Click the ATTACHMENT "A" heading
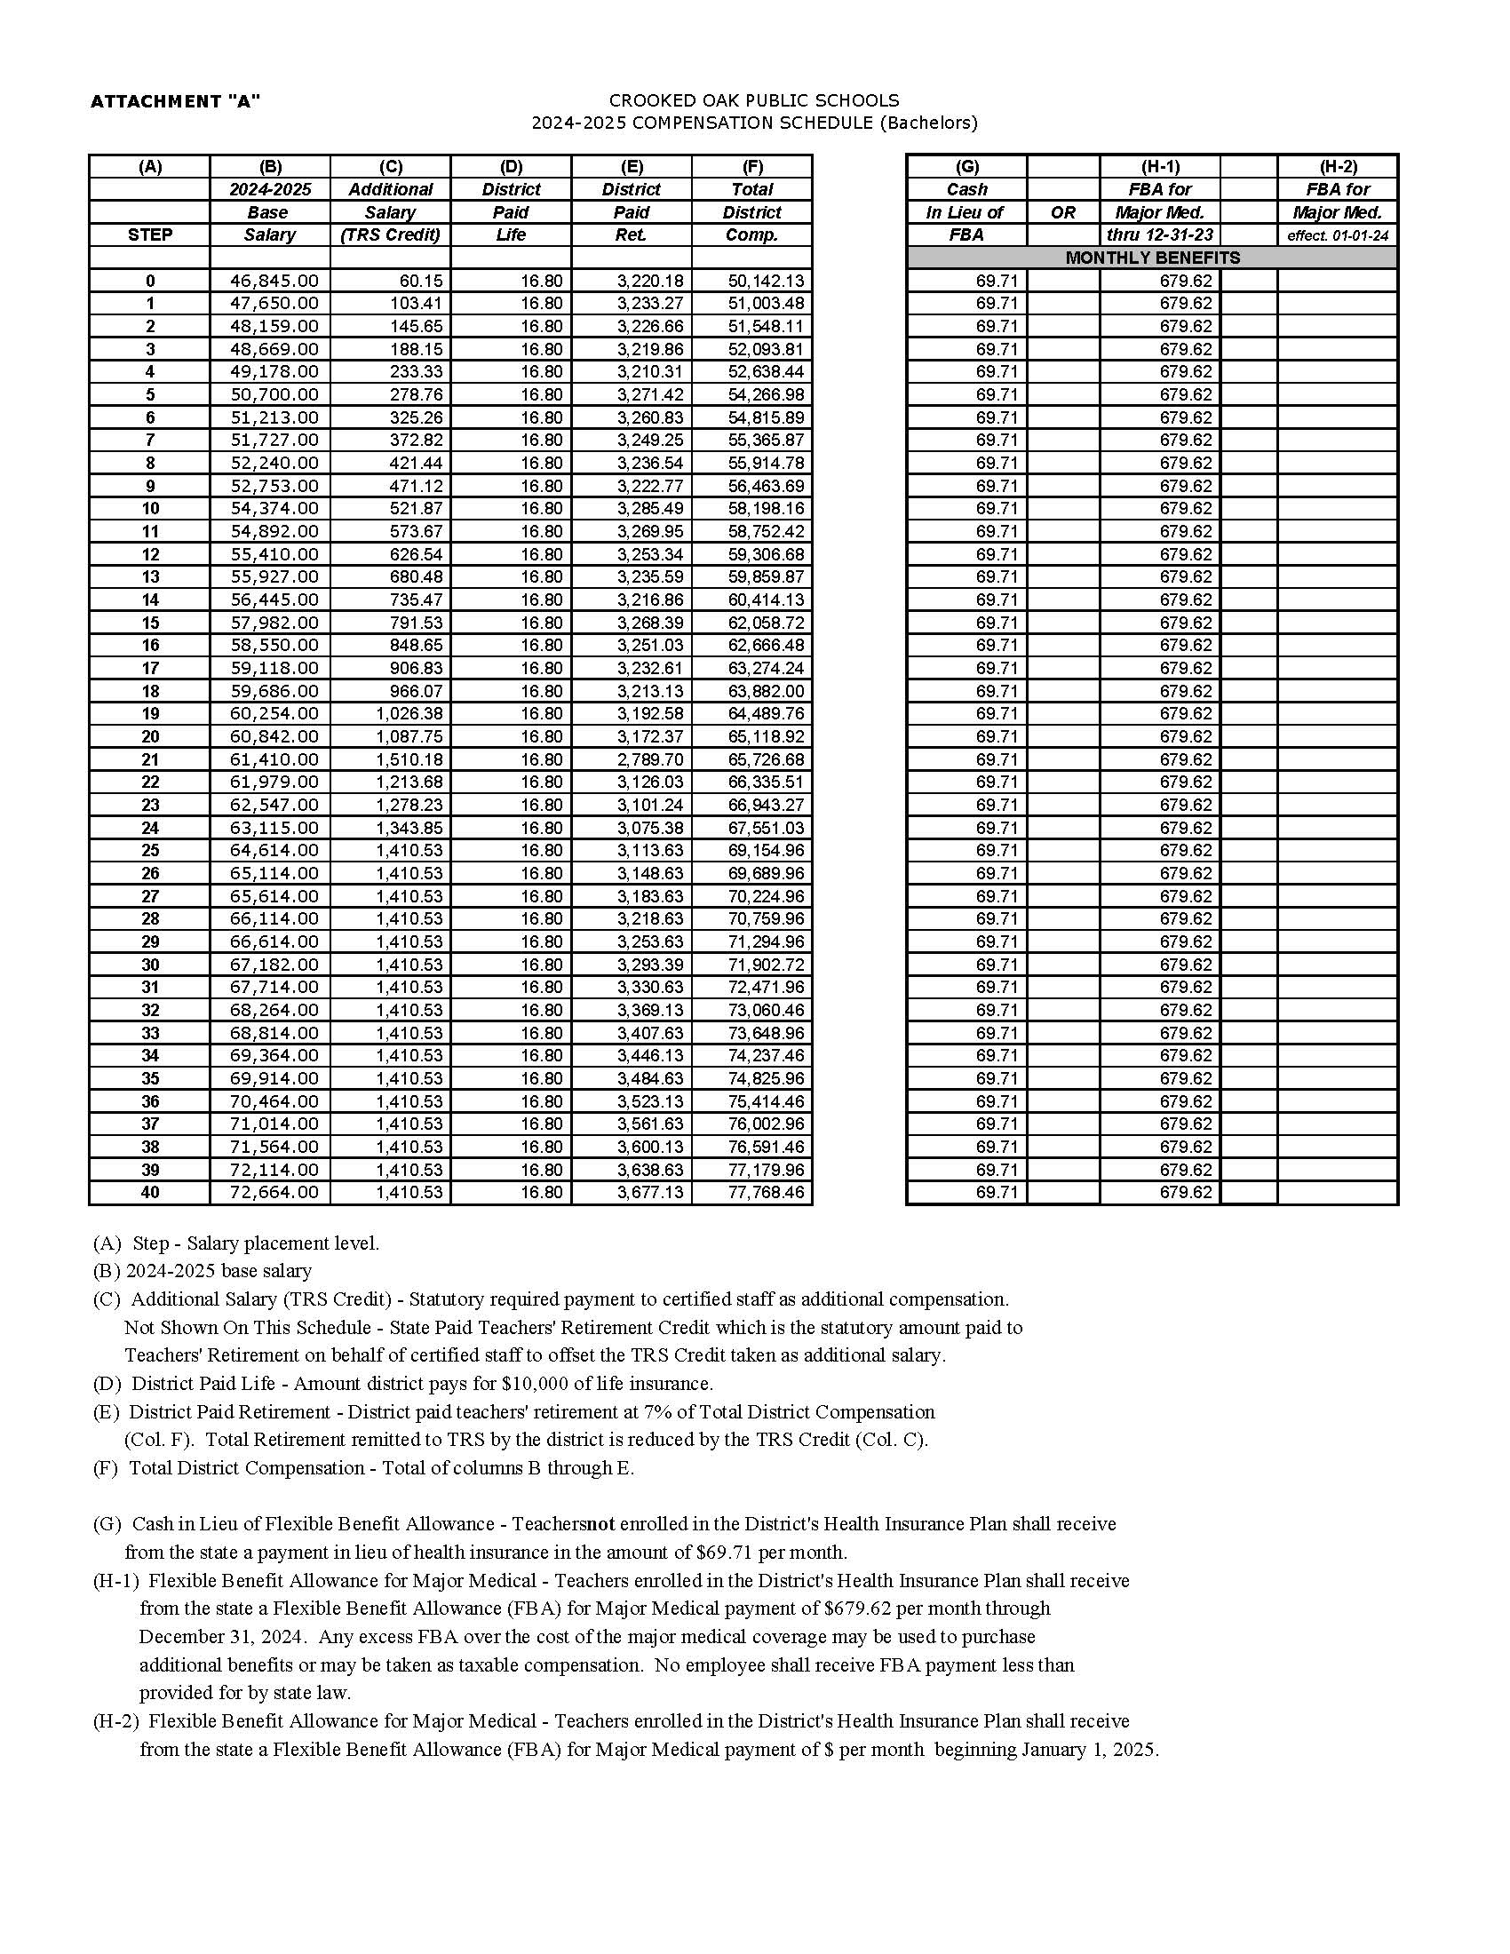[x=175, y=102]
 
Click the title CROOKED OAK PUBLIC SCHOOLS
[x=754, y=100]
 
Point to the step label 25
[x=150, y=851]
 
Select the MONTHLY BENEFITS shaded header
[x=1152, y=258]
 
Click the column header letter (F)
[x=752, y=166]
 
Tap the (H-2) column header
[x=1338, y=166]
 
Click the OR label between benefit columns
[x=1062, y=213]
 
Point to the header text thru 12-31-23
[x=1159, y=235]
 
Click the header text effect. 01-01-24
[x=1338, y=236]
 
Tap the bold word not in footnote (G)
[x=601, y=1523]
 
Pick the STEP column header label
[x=150, y=235]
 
